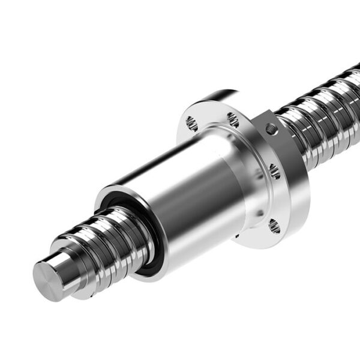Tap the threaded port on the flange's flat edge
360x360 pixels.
(x=272, y=128)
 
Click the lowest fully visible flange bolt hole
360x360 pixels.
(x=274, y=226)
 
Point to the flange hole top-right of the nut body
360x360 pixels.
(x=233, y=121)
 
